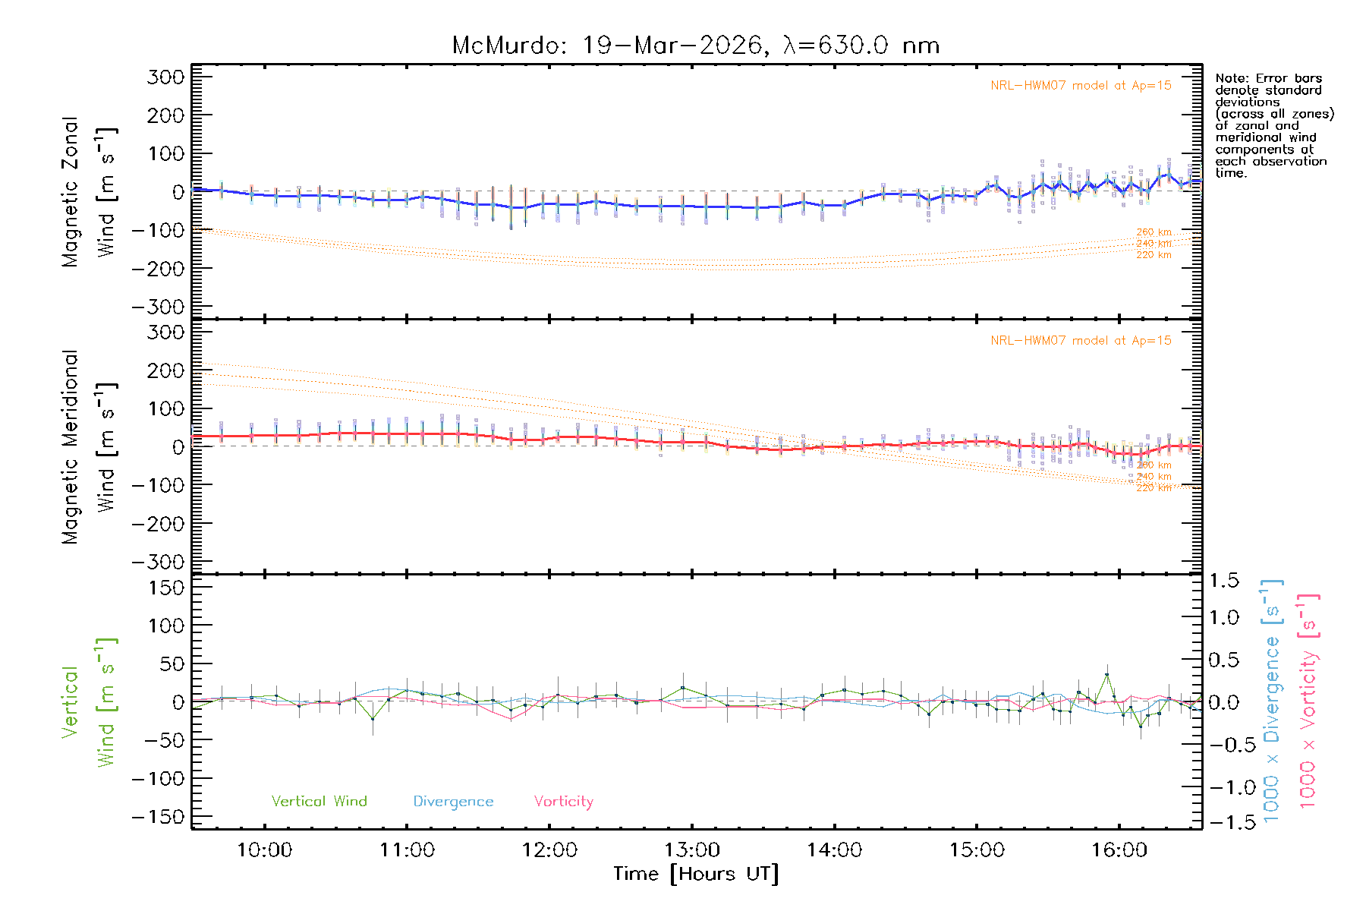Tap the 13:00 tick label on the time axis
point(692,850)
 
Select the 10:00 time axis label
point(264,850)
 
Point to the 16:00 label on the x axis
point(1119,850)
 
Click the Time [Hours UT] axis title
point(695,874)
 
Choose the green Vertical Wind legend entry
point(319,802)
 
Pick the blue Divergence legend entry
point(453,802)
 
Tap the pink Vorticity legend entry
point(563,802)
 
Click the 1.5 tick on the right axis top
point(1223,581)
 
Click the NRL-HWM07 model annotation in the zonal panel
point(1081,86)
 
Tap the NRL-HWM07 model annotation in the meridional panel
point(1081,341)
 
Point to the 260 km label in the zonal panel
point(1154,232)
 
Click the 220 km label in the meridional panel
point(1154,488)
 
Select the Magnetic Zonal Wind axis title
point(89,191)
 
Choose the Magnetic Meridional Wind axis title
point(89,446)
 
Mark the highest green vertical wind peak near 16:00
point(1106,674)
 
